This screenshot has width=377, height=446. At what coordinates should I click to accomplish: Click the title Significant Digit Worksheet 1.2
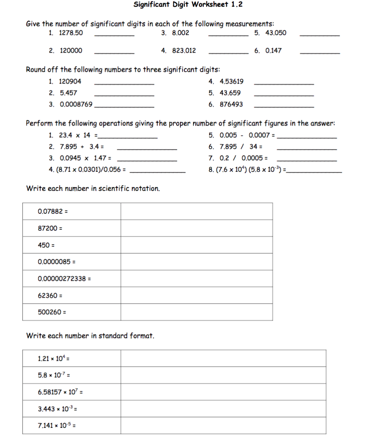point(188,5)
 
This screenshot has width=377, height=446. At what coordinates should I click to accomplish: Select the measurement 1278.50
point(71,33)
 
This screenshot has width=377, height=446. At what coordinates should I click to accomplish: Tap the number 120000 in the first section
point(71,51)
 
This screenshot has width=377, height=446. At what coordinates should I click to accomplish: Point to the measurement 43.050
point(276,33)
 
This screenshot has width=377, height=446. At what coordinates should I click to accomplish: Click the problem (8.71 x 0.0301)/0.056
point(90,170)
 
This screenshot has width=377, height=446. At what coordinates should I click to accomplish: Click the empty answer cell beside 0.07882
point(196,211)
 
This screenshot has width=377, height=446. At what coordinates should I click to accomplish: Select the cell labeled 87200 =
point(72,228)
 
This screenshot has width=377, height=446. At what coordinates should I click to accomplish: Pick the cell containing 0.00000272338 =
point(72,279)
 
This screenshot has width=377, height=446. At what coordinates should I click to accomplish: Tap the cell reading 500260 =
point(72,312)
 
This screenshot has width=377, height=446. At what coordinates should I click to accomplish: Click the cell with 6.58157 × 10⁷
point(72,392)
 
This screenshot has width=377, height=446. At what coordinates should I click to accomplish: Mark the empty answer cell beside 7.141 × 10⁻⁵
point(223,425)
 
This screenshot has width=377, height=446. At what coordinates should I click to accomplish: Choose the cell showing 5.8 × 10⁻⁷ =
point(72,375)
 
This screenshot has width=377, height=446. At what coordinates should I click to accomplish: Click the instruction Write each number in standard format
point(90,336)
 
